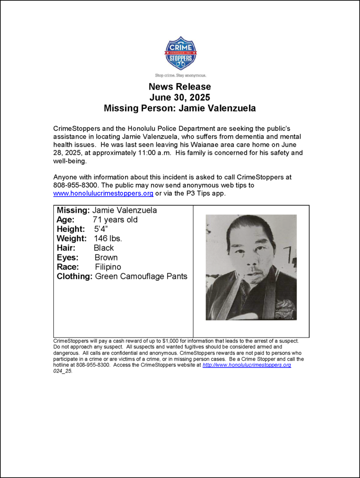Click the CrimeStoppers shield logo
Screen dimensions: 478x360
pyautogui.click(x=180, y=53)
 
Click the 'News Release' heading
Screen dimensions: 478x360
pyautogui.click(x=180, y=87)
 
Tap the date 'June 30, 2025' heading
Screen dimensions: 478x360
pyautogui.click(x=180, y=98)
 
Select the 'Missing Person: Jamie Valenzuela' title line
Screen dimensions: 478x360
pyautogui.click(x=180, y=108)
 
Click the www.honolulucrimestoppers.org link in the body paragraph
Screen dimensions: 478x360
pyautogui.click(x=103, y=193)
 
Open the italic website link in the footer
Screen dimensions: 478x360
pyautogui.click(x=247, y=365)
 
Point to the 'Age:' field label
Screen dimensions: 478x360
pyautogui.click(x=65, y=220)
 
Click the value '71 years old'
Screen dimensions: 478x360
pyautogui.click(x=115, y=220)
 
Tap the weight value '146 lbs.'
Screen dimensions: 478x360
pyautogui.click(x=108, y=239)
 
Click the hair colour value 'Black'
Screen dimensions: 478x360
pyautogui.click(x=104, y=248)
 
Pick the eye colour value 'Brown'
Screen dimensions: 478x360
pyautogui.click(x=106, y=258)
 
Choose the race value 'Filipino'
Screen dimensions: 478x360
pyautogui.click(x=108, y=267)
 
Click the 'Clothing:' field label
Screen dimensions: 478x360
pyautogui.click(x=75, y=276)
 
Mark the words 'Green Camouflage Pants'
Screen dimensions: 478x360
pyautogui.click(x=141, y=276)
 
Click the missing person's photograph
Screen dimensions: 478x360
pyautogui.click(x=251, y=267)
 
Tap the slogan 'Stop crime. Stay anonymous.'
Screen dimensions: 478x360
pyautogui.click(x=180, y=75)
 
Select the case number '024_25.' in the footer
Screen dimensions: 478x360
pyautogui.click(x=63, y=371)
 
